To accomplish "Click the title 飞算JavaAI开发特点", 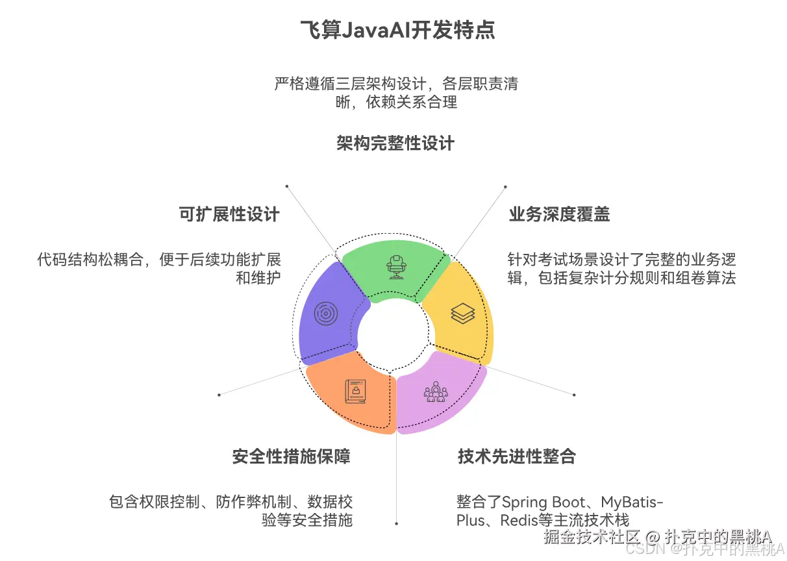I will [x=397, y=30].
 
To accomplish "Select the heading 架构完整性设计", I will [x=395, y=143].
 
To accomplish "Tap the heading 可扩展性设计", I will [x=229, y=214].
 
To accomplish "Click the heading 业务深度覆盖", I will [x=559, y=214].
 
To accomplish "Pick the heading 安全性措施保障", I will [x=291, y=456].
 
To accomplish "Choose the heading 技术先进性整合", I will [x=516, y=456].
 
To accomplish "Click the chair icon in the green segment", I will [x=394, y=266].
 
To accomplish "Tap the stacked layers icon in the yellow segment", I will [x=462, y=313].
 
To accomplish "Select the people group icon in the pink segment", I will [x=436, y=391].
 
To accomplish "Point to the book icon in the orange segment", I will [x=355, y=392].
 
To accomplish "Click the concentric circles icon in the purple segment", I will [x=326, y=314].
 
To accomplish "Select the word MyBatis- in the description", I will [x=632, y=502].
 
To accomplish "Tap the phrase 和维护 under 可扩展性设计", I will [x=258, y=279].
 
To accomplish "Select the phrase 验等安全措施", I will [x=307, y=520].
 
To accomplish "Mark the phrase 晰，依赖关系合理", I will [x=396, y=102].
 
